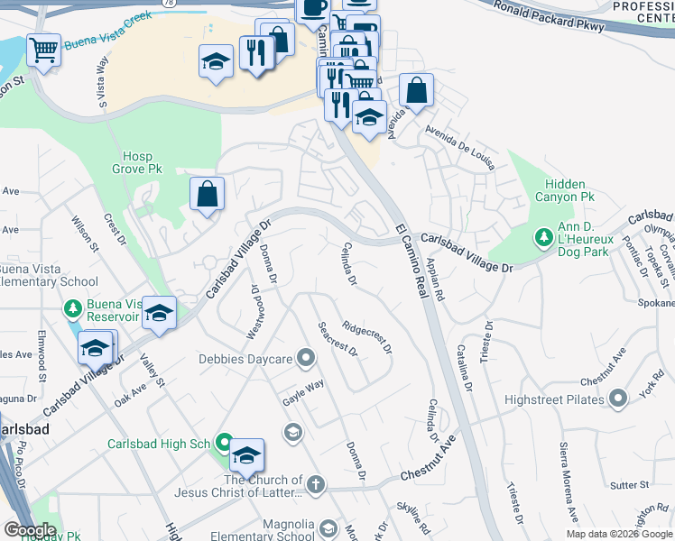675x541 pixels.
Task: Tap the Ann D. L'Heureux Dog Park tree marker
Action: (543, 238)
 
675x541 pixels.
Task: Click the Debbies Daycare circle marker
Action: (306, 360)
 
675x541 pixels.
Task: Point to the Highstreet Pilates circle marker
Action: (617, 398)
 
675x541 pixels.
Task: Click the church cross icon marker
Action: (314, 485)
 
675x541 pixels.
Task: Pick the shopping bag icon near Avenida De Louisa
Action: (416, 90)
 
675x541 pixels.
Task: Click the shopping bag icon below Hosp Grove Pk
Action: (207, 192)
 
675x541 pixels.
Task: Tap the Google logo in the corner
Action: (31, 530)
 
